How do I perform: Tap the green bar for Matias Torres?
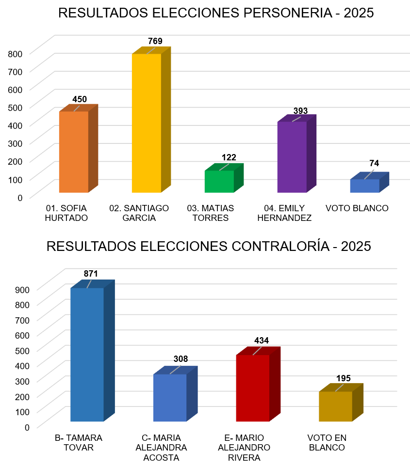point(219,181)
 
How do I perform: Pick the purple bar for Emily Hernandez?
point(292,157)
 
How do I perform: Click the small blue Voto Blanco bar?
point(364,186)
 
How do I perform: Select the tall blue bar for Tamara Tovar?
point(87,354)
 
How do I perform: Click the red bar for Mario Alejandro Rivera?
point(252,388)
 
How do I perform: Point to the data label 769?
point(155,41)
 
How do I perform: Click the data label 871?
point(91,274)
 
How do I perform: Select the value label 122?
point(229,157)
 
